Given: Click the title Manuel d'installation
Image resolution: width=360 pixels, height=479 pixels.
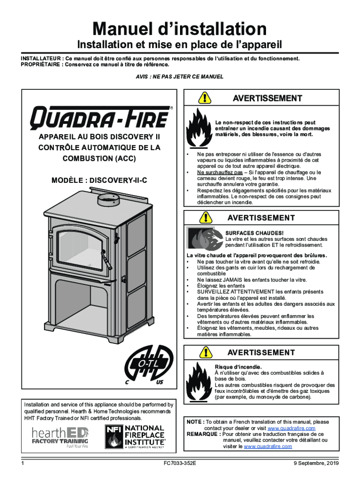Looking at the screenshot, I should [x=180, y=29].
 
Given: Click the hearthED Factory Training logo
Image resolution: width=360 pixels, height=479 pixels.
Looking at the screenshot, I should [x=60, y=437].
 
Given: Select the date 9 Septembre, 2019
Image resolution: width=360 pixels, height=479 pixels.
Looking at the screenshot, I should [x=311, y=463].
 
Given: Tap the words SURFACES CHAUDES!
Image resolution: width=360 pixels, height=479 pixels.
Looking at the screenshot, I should [x=248, y=233].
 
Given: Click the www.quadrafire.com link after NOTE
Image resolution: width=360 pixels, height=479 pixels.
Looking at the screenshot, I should [x=291, y=428].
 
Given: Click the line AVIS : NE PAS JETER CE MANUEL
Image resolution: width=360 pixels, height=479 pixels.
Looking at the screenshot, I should [x=180, y=76].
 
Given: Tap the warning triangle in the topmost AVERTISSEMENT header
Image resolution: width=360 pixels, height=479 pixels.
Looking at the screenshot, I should [x=205, y=98].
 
